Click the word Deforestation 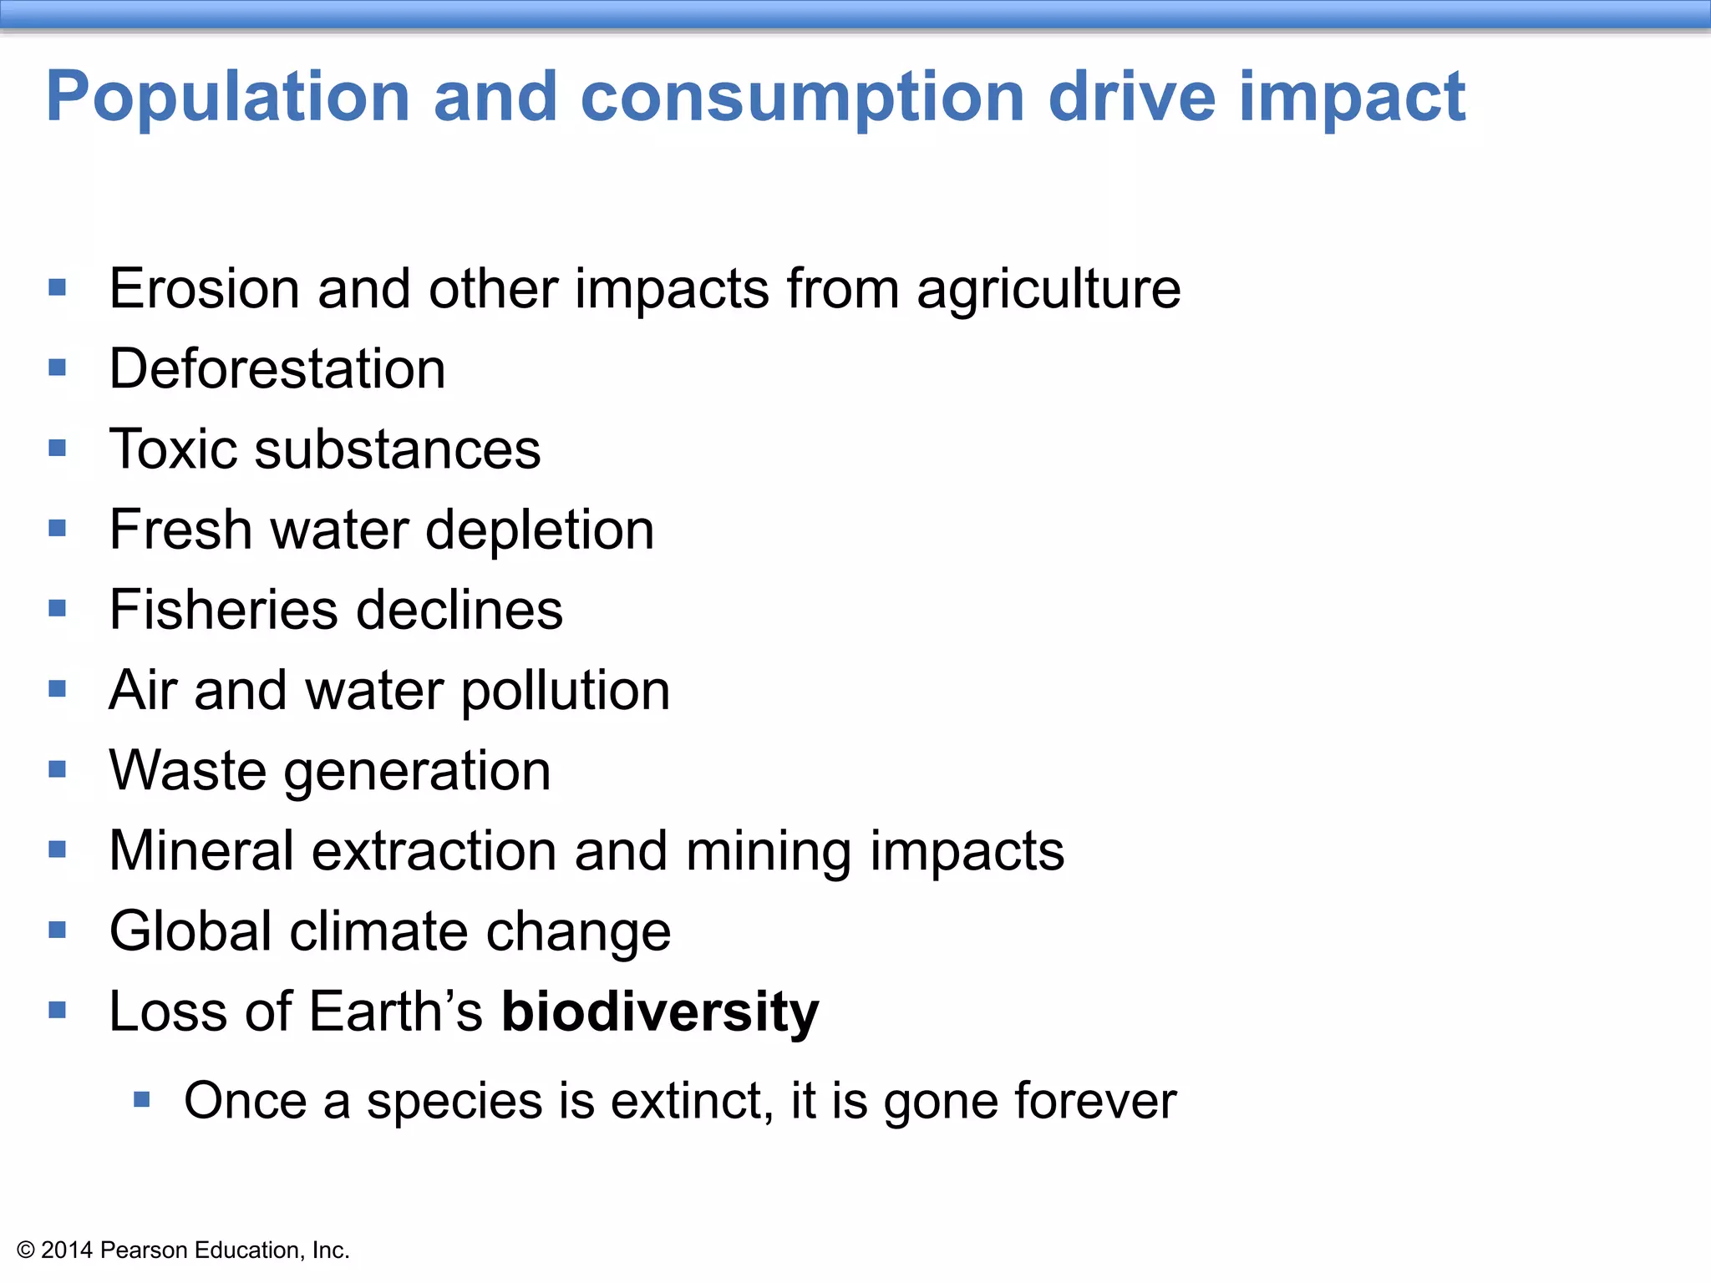click(x=277, y=369)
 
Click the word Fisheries click(x=223, y=610)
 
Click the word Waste click(x=187, y=770)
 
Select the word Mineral click(x=201, y=851)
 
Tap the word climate click(x=379, y=931)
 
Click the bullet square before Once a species click(x=142, y=1099)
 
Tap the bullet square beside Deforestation click(x=57, y=368)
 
